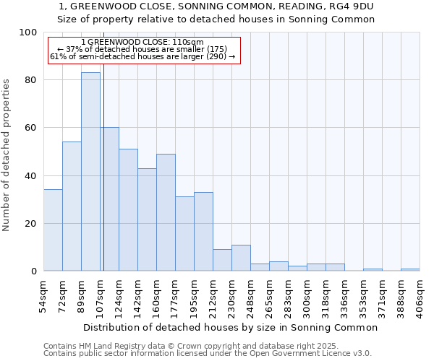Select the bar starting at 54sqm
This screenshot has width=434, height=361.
click(x=53, y=230)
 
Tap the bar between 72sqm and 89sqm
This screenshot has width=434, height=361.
click(x=72, y=206)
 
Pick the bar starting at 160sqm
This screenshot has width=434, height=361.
click(x=166, y=212)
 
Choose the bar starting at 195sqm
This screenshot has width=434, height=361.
click(x=203, y=232)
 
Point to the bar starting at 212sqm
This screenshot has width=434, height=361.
click(x=222, y=260)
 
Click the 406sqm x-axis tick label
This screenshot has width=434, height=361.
click(x=420, y=295)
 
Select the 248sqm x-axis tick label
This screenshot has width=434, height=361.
click(x=250, y=295)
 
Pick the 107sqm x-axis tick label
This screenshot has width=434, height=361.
click(x=100, y=295)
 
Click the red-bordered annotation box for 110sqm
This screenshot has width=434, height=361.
click(x=143, y=50)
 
